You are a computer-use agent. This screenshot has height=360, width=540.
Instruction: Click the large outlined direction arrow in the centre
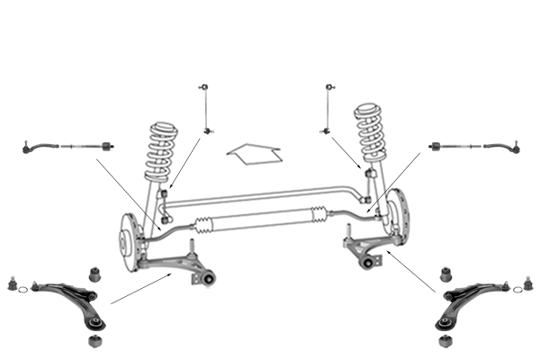(254, 153)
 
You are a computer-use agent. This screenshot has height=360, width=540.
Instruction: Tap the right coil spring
(371, 133)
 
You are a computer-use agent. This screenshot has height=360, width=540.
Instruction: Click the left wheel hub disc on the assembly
(127, 240)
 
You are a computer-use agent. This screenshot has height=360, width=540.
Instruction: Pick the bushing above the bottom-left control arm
(93, 272)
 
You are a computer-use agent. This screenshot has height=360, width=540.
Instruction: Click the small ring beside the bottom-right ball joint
(517, 290)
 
